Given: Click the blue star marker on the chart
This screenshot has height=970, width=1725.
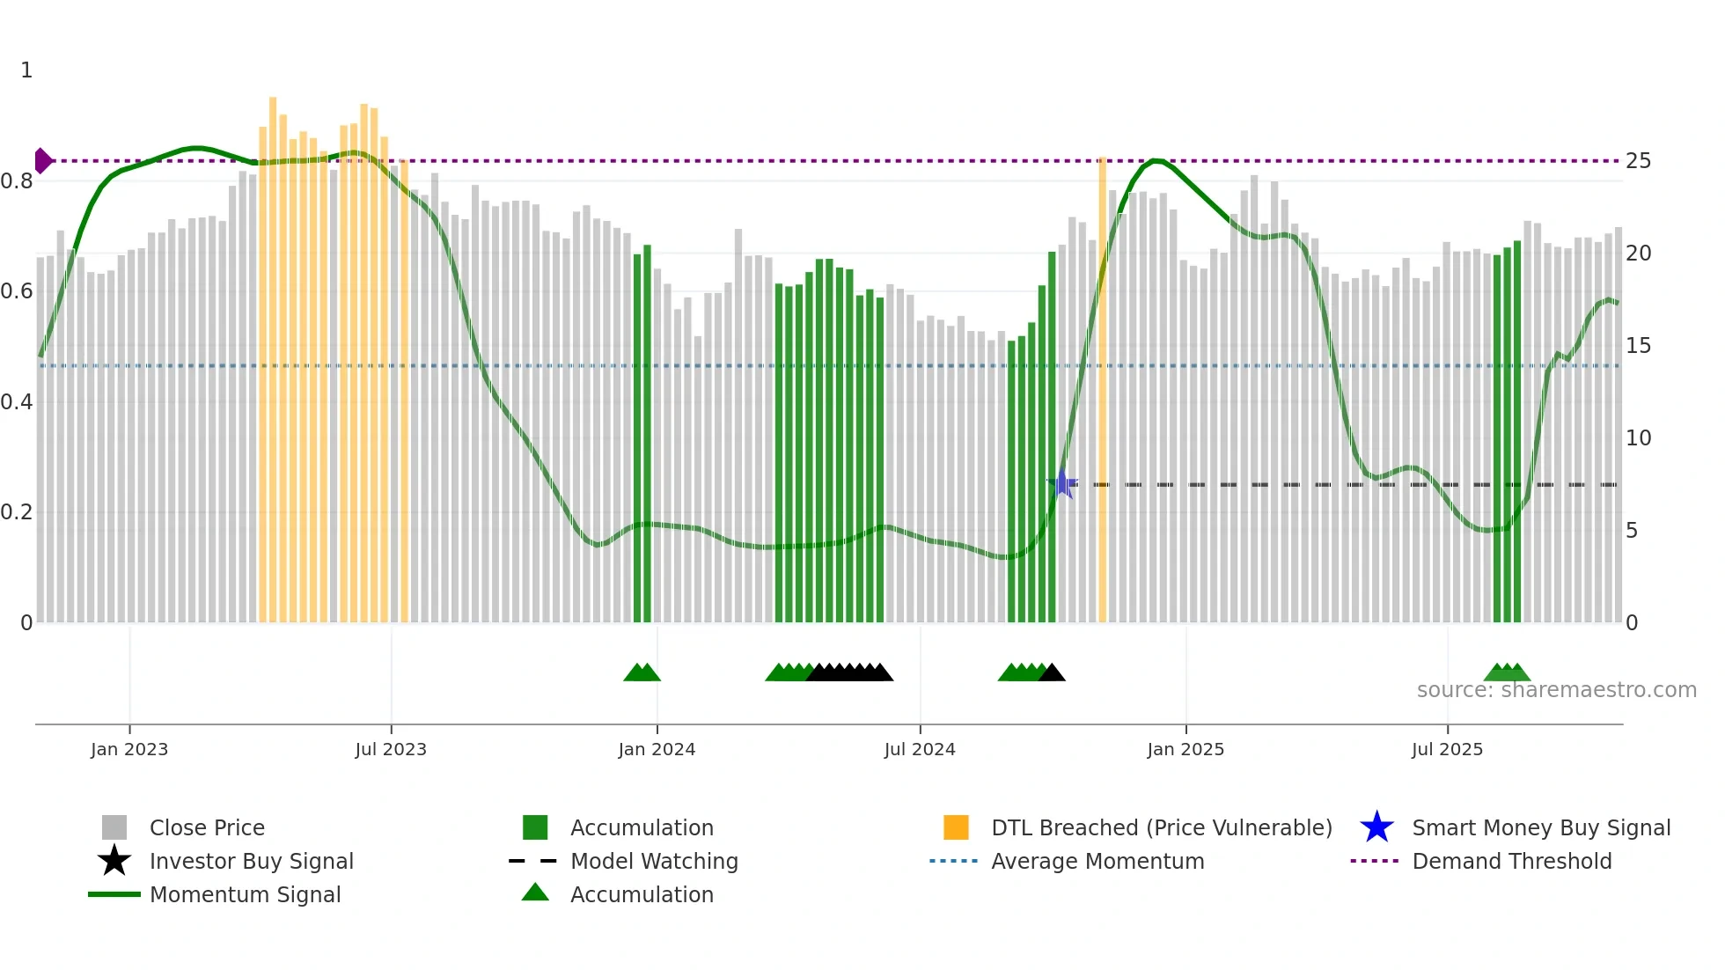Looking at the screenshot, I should [1062, 484].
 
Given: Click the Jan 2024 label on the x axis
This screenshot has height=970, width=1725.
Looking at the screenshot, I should [657, 749].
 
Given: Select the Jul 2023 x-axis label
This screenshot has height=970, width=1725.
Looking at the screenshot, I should [391, 749].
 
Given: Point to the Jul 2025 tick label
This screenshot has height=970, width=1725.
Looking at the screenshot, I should [1447, 749].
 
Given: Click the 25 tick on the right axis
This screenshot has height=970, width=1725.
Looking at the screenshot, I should [1638, 161].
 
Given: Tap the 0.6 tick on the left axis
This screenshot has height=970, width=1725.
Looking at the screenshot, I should [17, 291].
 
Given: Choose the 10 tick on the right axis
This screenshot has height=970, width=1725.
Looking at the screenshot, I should [1638, 438].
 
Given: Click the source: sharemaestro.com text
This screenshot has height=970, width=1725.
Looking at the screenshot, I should [1556, 690].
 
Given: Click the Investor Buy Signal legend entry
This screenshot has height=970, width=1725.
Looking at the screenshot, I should [251, 861].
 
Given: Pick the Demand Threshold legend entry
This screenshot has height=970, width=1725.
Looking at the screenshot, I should [1511, 861].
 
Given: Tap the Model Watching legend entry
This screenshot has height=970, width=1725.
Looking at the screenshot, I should [653, 861].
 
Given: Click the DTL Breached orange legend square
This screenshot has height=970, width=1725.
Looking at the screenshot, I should [956, 827].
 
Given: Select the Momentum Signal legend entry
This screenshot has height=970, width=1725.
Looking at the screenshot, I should [245, 894].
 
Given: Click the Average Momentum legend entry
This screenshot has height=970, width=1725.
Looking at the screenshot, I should [1097, 861].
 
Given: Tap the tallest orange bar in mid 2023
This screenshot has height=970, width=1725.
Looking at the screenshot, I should [273, 352].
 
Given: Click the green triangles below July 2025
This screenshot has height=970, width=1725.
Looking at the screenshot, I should [1507, 672].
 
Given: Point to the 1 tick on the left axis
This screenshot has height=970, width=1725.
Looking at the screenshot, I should [26, 70].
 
